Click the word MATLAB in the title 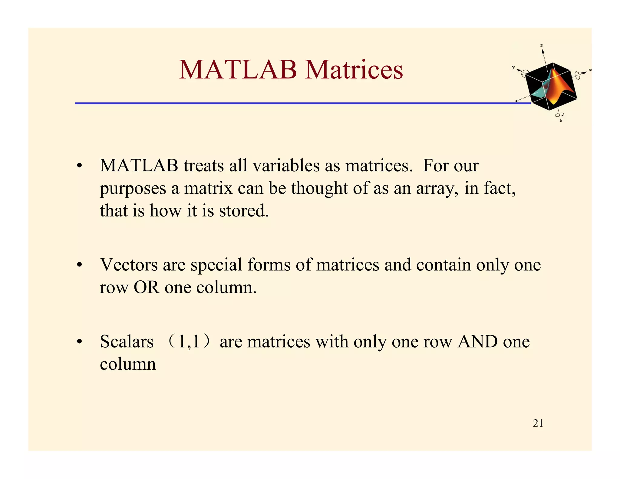coord(238,70)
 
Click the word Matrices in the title coord(354,70)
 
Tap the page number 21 coord(538,423)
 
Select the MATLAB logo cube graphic coord(551,86)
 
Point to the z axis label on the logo coord(542,45)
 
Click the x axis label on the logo coord(590,70)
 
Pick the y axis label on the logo coord(513,67)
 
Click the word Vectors coord(129,265)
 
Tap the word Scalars coord(127,342)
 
